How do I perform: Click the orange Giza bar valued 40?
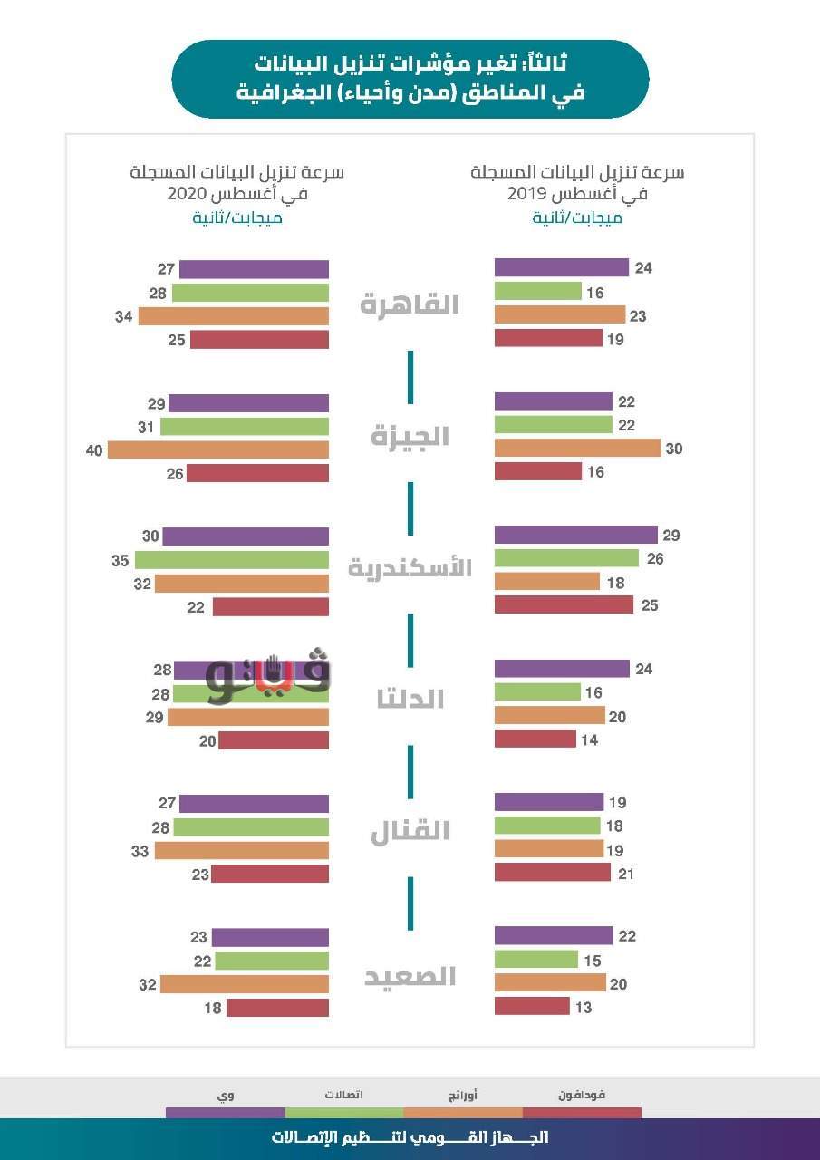217,449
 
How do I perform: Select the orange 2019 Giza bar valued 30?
577,449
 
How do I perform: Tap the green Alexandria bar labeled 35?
231,560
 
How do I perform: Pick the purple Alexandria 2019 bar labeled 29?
575,536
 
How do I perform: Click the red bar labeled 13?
532,1007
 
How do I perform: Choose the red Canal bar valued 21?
553,873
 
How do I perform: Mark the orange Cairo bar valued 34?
233,316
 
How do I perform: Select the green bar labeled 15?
535,960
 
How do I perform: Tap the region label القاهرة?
409,304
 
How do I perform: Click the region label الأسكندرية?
410,568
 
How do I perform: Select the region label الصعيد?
410,977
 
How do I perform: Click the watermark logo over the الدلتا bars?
268,676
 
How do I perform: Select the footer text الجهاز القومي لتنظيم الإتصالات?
410,1137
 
